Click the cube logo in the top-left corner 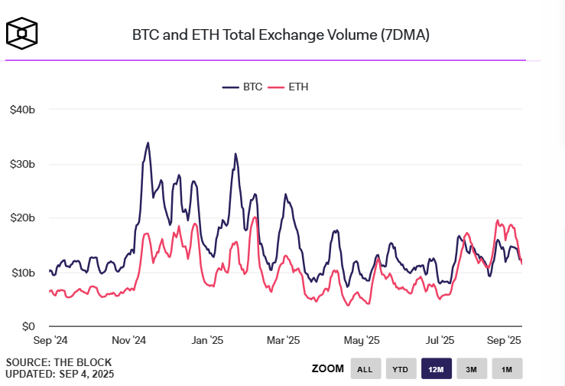click(x=22, y=32)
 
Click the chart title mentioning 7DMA click(x=281, y=35)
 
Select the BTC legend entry click(x=242, y=87)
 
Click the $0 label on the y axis click(x=28, y=326)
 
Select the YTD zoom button click(x=401, y=369)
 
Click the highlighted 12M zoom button click(x=436, y=369)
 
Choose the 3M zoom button click(x=472, y=369)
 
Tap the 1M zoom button click(x=506, y=369)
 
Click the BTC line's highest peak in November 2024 click(x=148, y=142)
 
